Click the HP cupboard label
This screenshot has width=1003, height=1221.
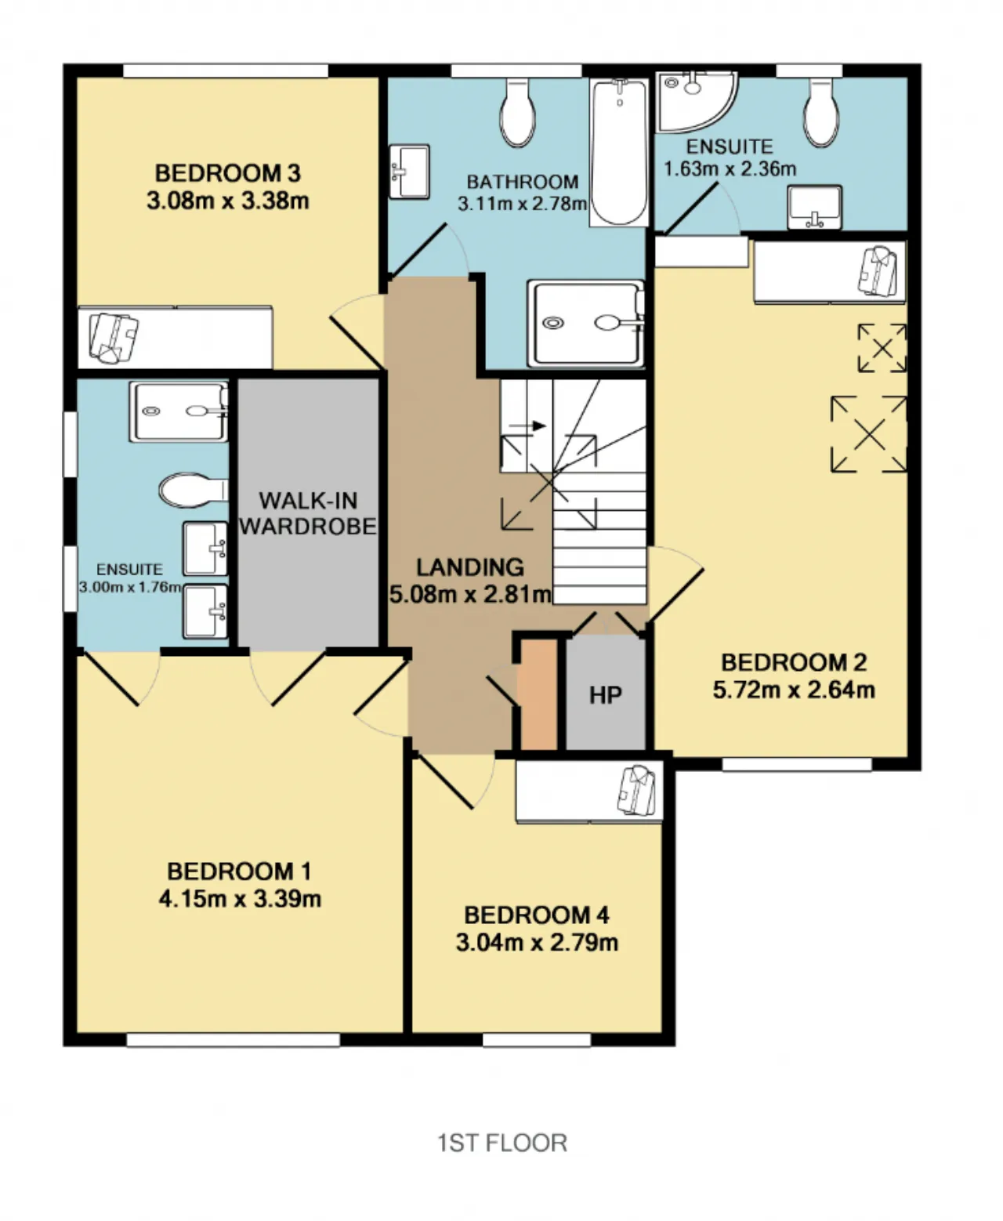click(606, 694)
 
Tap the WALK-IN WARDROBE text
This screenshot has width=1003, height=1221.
click(308, 513)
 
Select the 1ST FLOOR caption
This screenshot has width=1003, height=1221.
click(501, 1143)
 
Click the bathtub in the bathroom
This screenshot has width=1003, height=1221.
click(619, 152)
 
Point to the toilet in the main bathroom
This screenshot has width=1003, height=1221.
click(517, 112)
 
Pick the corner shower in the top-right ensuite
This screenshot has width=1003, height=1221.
click(697, 102)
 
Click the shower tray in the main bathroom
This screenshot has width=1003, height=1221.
click(585, 324)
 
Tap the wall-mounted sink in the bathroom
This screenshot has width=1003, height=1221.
click(409, 172)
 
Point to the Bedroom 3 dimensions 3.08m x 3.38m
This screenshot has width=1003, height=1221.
click(228, 201)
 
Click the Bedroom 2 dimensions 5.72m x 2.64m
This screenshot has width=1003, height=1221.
click(794, 690)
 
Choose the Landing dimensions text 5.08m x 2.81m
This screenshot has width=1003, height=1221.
click(470, 594)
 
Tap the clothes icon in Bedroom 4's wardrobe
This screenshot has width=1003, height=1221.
click(639, 790)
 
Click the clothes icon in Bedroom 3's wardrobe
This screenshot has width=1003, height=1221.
click(114, 338)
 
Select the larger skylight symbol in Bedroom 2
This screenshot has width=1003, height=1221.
click(869, 434)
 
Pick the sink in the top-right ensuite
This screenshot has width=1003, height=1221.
click(814, 207)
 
